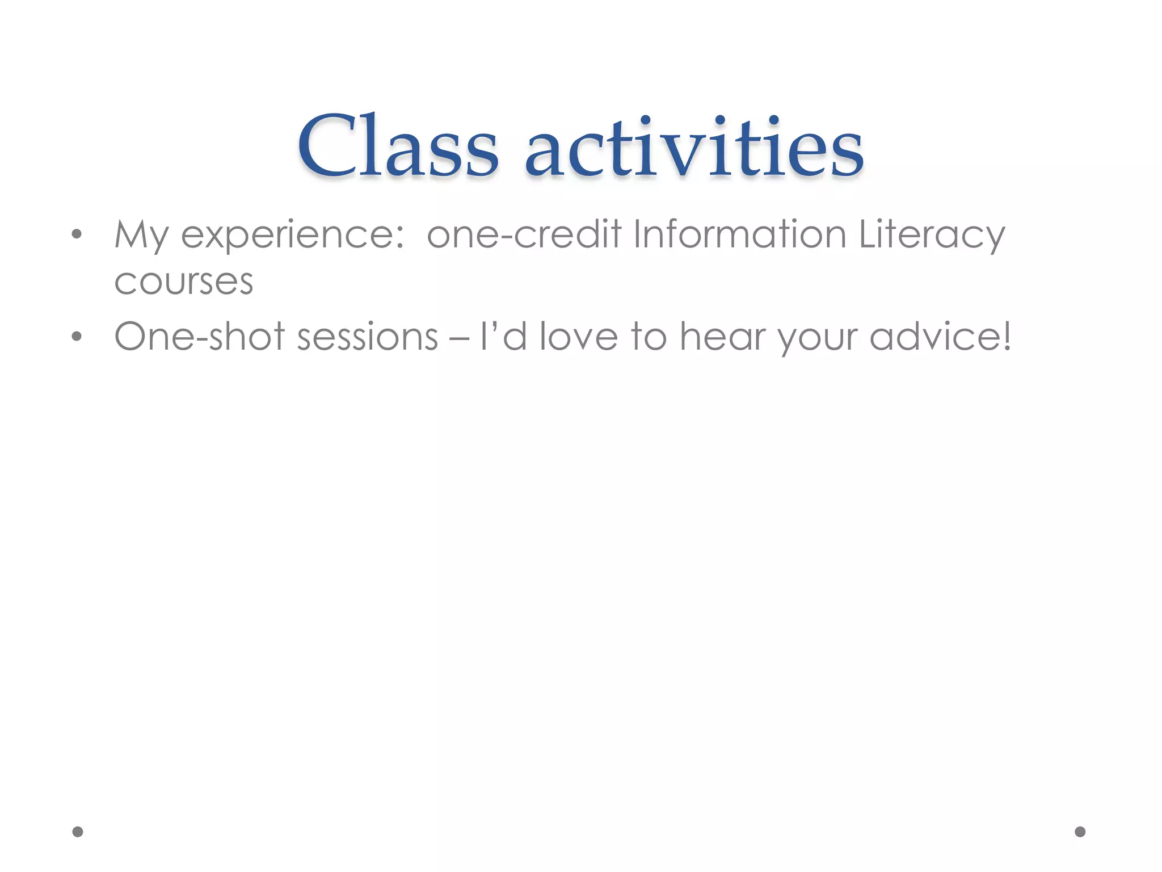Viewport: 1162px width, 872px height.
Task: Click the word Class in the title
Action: tap(397, 146)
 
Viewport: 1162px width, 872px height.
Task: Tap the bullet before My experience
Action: tap(77, 234)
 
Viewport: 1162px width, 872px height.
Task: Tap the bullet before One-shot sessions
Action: tap(77, 337)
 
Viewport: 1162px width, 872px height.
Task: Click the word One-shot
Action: tap(199, 337)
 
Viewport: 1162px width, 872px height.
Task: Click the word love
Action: tap(578, 337)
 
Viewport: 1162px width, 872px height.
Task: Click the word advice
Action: tap(933, 337)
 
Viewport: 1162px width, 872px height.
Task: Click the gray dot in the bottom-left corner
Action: tap(78, 832)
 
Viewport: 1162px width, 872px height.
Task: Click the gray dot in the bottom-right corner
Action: tap(1080, 832)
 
